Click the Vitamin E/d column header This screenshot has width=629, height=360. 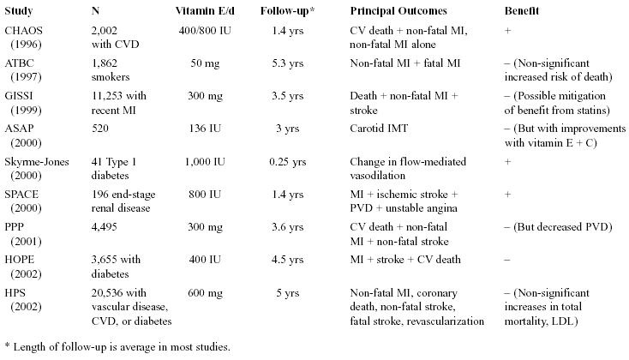[x=205, y=11]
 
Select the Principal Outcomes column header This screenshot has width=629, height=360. [x=398, y=11]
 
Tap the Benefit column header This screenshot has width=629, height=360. [x=522, y=11]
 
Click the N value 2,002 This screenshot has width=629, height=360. [x=105, y=31]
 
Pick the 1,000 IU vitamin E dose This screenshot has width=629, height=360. [x=205, y=162]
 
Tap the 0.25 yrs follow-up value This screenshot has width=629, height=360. [x=288, y=162]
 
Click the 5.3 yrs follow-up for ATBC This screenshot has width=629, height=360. [x=288, y=63]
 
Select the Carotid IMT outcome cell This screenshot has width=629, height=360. [x=379, y=129]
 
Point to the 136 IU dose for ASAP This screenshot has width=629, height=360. [x=205, y=129]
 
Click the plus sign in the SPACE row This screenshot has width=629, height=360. [x=508, y=195]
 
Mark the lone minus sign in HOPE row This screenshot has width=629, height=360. [x=507, y=260]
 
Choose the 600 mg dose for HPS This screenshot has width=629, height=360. [x=205, y=293]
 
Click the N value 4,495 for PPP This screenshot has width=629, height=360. [x=105, y=227]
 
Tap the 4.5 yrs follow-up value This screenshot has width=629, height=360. [x=288, y=260]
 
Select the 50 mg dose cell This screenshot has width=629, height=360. [x=205, y=63]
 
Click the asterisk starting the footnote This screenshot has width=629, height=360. [x=7, y=345]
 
